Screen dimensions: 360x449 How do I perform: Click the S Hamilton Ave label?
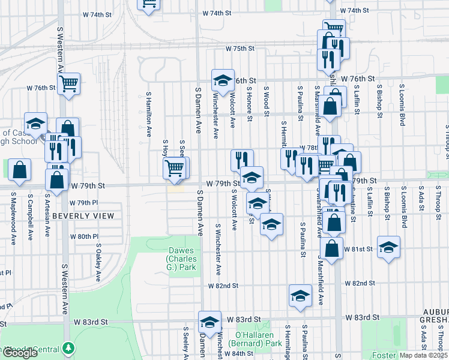coord(148,114)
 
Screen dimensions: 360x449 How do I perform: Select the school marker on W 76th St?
coord(222,79)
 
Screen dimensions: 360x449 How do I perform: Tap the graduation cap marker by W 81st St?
coord(388,246)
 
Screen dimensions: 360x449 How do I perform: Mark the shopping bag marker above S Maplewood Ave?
coord(20,169)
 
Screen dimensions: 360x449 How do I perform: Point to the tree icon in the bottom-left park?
coord(70,348)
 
